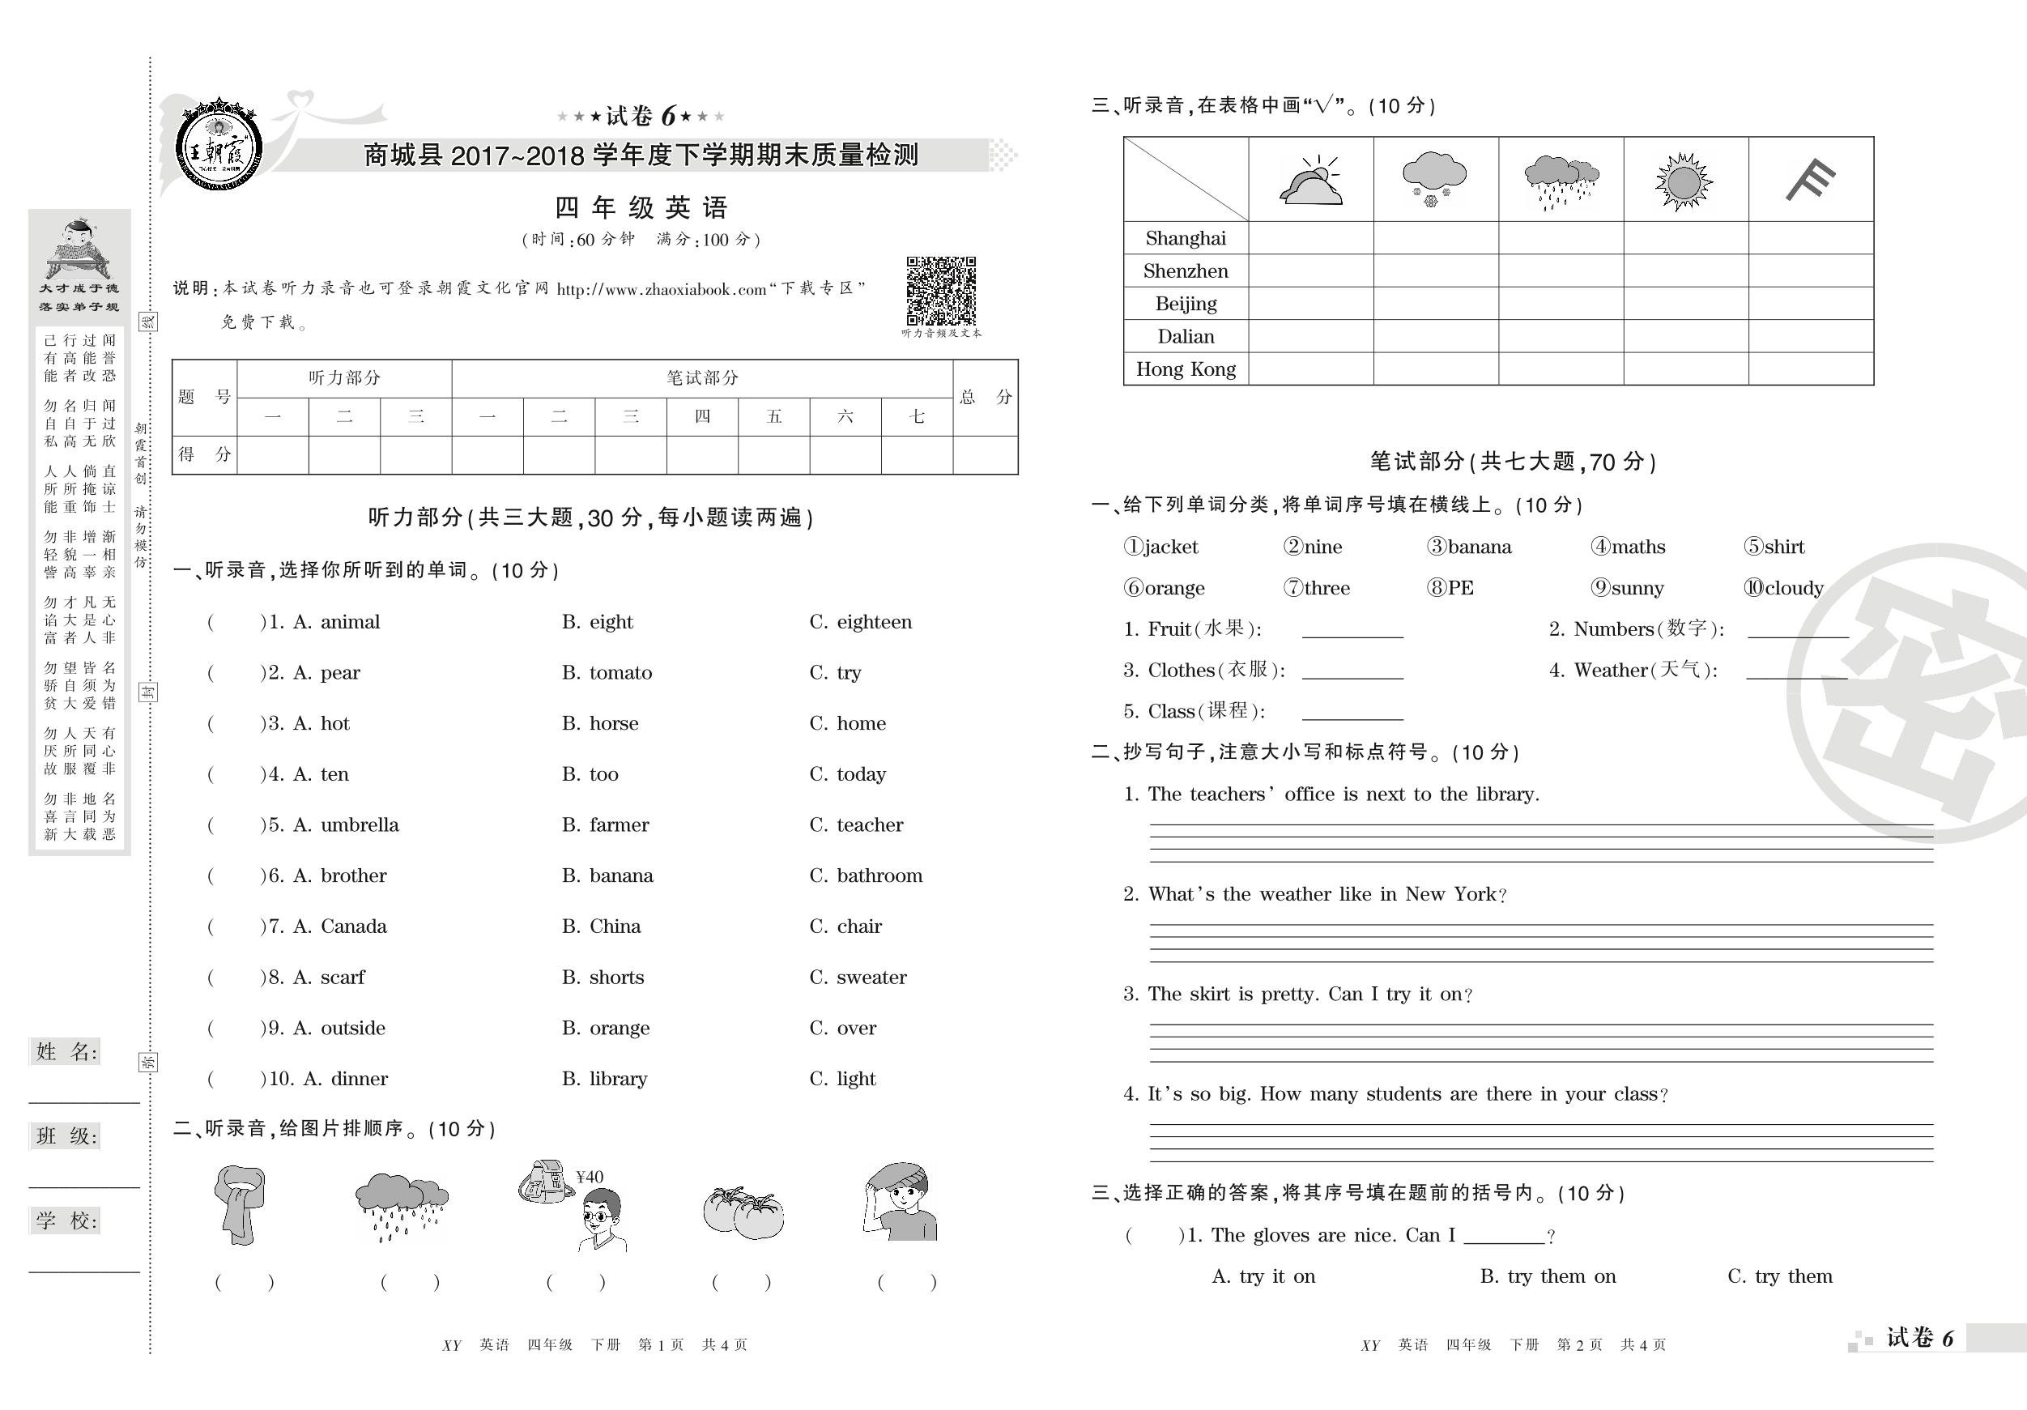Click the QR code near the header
941,292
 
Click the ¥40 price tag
589,1177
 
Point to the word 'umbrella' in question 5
360,824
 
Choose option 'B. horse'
599,723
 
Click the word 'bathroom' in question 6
879,875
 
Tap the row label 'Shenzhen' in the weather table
1186,271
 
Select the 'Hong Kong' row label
1186,369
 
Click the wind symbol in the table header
1810,179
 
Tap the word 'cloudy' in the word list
1792,588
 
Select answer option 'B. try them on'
1548,1276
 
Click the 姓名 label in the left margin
66,1051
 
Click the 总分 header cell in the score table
986,398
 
